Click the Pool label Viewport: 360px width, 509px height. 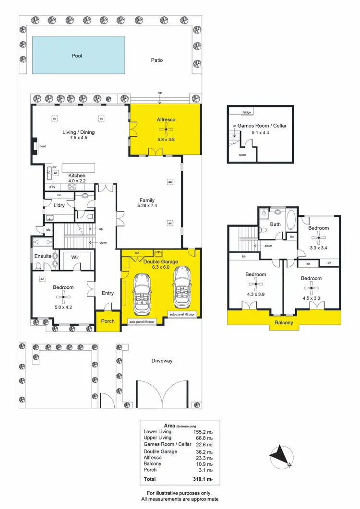tap(77, 56)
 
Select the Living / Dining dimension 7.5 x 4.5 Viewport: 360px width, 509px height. tap(78, 138)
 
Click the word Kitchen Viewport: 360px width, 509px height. tap(77, 175)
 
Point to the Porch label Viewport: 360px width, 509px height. tap(108, 321)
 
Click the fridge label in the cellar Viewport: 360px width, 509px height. tap(247, 112)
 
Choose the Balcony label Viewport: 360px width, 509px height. tap(284, 322)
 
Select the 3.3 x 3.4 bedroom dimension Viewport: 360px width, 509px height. tap(318, 248)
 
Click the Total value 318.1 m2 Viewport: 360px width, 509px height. tap(203, 479)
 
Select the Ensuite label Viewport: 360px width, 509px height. tap(43, 256)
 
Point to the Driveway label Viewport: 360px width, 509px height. tap(162, 361)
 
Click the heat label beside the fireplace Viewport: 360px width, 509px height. tap(42, 146)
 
